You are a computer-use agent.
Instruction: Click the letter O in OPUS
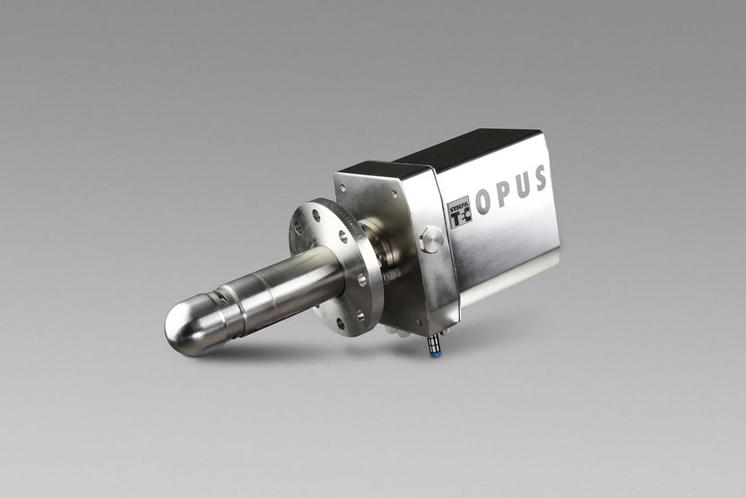click(483, 202)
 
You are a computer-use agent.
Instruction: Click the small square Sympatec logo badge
click(459, 212)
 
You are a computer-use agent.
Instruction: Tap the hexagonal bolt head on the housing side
click(431, 240)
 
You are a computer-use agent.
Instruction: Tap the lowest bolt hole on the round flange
click(360, 316)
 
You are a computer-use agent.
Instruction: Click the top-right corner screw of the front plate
click(392, 190)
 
